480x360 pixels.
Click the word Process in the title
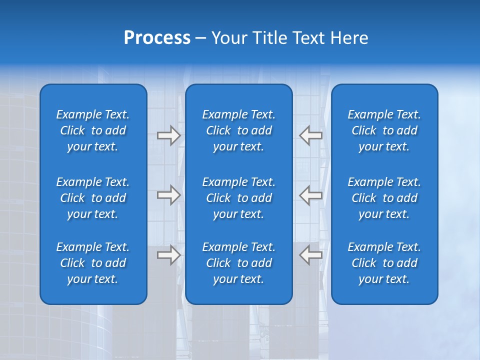[x=157, y=38]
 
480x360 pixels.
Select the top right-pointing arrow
[x=168, y=135]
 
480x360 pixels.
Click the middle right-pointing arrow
[x=168, y=195]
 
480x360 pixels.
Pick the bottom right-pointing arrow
[x=168, y=255]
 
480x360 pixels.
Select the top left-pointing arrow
[x=310, y=135]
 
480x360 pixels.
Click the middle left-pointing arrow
[x=310, y=195]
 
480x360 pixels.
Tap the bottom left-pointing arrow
[x=310, y=255]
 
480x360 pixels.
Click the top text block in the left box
[x=93, y=130]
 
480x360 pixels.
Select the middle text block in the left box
[x=93, y=198]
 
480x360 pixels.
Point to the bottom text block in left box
[x=93, y=263]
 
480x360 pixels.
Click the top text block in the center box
[x=238, y=130]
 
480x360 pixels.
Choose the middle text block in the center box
[x=238, y=198]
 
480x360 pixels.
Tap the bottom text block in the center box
[x=238, y=263]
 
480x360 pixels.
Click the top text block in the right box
[x=384, y=130]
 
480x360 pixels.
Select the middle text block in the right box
[x=384, y=198]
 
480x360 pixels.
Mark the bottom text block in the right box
[x=384, y=263]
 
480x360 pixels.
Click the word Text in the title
[x=308, y=38]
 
